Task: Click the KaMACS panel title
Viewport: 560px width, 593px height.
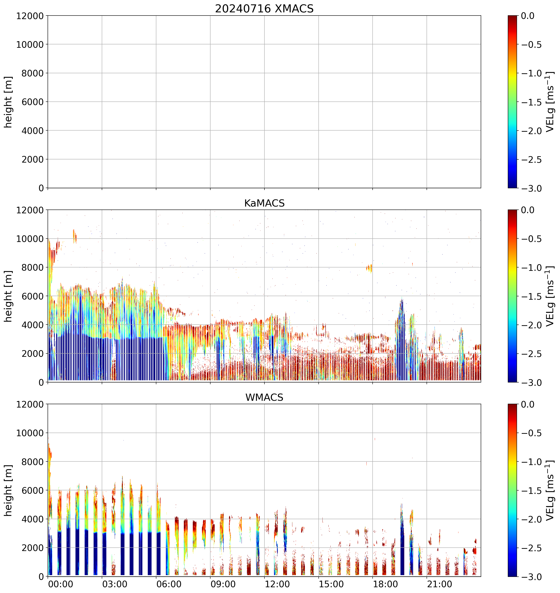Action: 264,203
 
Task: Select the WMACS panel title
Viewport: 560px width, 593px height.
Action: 264,397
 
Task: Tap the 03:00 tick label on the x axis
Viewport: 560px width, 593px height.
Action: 115,584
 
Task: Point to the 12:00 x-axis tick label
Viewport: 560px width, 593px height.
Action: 277,584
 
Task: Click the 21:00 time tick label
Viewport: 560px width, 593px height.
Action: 439,584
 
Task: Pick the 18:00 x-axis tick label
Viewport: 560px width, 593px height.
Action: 385,584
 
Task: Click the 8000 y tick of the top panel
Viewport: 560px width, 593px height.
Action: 32,73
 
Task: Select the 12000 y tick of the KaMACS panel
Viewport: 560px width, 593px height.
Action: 30,210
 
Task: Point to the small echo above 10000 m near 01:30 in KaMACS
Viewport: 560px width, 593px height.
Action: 75,236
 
